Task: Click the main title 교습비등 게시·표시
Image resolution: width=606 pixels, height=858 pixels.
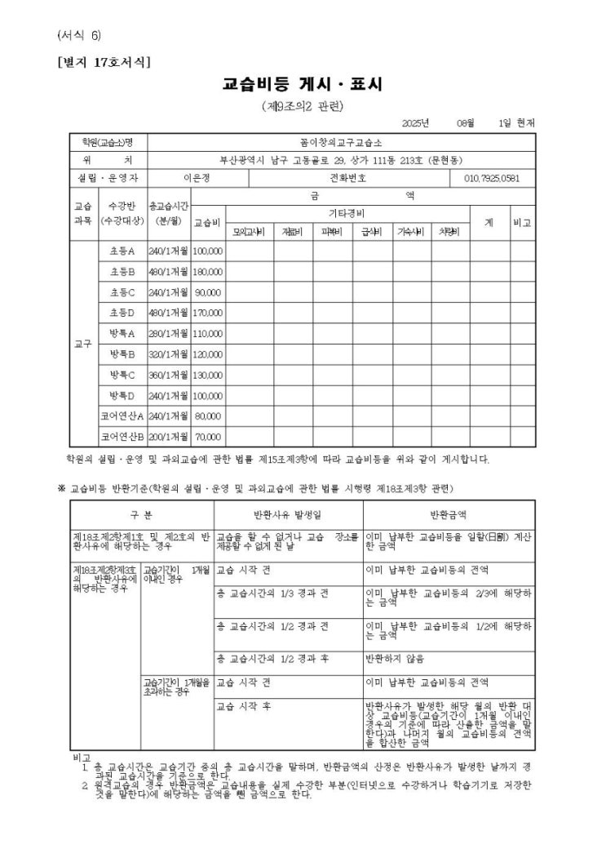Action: (302, 84)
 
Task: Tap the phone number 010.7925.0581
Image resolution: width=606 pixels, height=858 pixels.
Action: (491, 178)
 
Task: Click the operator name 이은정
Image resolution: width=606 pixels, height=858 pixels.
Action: (197, 178)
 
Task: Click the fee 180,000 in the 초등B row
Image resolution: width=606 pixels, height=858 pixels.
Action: (208, 272)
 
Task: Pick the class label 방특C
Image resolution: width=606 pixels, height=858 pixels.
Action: (122, 375)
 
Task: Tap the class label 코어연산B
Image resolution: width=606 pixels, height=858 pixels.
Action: (122, 436)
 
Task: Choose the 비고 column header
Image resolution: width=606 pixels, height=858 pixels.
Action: (522, 222)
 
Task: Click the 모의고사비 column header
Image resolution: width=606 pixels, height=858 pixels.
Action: (249, 232)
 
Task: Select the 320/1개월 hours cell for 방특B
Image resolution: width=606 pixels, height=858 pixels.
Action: (169, 354)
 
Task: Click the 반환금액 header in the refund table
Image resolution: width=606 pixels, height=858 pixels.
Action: (448, 515)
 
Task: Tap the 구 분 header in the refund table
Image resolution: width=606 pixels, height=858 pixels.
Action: (141, 515)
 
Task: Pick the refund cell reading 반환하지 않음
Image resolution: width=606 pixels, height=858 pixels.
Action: (395, 658)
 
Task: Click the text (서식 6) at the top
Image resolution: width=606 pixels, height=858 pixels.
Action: (79, 36)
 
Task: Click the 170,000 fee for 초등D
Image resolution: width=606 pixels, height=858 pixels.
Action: (208, 313)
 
